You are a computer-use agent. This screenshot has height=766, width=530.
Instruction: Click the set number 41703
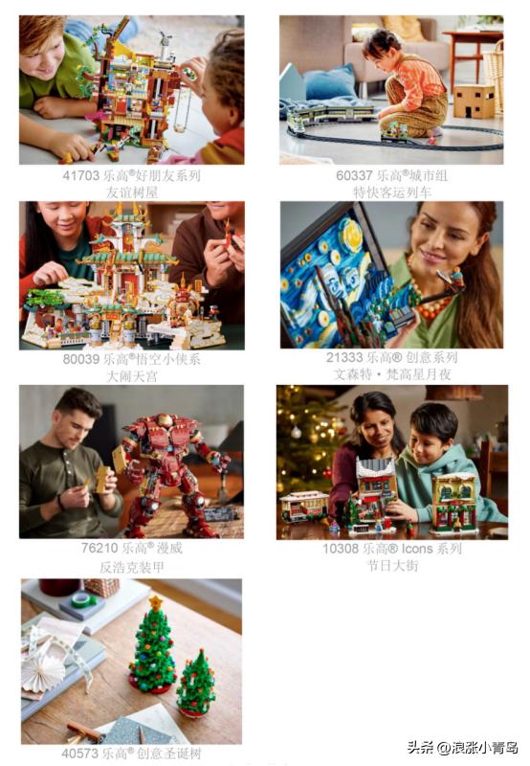(x=80, y=176)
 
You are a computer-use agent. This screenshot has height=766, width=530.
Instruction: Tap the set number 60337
(x=354, y=176)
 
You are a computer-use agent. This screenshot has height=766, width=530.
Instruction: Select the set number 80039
(x=81, y=359)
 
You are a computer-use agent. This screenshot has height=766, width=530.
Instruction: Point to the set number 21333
(x=344, y=357)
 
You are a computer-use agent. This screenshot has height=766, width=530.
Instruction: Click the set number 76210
(x=99, y=548)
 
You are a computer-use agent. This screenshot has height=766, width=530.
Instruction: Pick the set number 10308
(x=341, y=549)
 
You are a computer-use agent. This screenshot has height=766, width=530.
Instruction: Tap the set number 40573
(x=80, y=754)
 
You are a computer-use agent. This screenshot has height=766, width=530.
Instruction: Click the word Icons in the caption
(x=417, y=549)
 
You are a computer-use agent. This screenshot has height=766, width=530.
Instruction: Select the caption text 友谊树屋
(x=132, y=192)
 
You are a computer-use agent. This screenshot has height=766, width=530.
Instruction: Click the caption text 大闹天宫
(x=132, y=376)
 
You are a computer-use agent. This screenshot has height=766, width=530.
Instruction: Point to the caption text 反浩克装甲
(x=132, y=567)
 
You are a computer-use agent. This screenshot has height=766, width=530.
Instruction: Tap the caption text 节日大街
(x=392, y=566)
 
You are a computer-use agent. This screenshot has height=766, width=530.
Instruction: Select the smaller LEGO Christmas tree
(x=196, y=684)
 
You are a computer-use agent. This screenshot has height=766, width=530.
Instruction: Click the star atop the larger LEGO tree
(x=156, y=603)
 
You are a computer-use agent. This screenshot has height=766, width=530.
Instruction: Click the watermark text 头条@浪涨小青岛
(x=463, y=748)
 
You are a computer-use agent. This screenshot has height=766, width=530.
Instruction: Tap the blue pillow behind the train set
(x=331, y=83)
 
